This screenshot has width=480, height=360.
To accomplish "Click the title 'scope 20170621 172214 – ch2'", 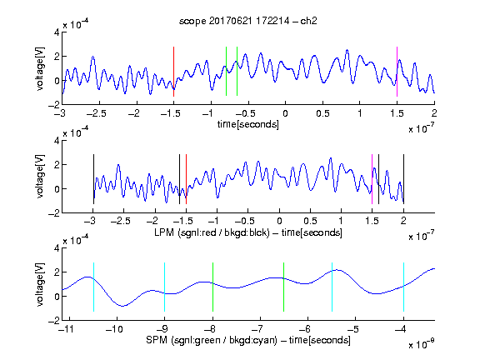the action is pyautogui.click(x=248, y=21).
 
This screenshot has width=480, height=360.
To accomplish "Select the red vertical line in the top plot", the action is pyautogui.click(x=173, y=72).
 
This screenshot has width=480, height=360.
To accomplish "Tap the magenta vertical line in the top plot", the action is pyautogui.click(x=397, y=72).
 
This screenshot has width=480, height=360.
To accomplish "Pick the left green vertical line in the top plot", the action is pyautogui.click(x=226, y=72).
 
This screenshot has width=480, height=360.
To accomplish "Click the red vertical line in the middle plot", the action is pyautogui.click(x=186, y=179).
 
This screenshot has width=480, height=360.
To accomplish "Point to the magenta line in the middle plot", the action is pyautogui.click(x=372, y=179).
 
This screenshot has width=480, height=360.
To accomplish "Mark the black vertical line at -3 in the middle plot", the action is pyautogui.click(x=93, y=179).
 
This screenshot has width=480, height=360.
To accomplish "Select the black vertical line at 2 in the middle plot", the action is pyautogui.click(x=403, y=179).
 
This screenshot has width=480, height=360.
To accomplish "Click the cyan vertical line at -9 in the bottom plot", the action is pyautogui.click(x=164, y=287).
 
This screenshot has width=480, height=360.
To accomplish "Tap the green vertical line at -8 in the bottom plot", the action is pyautogui.click(x=212, y=287).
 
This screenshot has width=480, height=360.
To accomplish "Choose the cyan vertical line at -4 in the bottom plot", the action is pyautogui.click(x=403, y=287).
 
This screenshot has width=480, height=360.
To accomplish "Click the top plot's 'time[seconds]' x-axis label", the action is pyautogui.click(x=248, y=124).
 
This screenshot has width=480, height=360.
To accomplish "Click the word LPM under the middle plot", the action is pyautogui.click(x=164, y=232).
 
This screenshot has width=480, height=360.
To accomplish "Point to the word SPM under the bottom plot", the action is pyautogui.click(x=157, y=340).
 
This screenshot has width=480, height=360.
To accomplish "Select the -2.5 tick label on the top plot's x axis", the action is pyautogui.click(x=96, y=113).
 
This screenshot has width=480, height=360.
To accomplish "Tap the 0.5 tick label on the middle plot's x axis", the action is pyautogui.click(x=310, y=221).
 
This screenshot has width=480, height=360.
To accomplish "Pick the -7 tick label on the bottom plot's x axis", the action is pyautogui.click(x=259, y=329).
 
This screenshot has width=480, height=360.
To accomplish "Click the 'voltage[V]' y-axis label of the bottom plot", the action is pyautogui.click(x=40, y=284).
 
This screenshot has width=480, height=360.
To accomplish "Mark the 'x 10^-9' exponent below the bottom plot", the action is pyautogui.click(x=421, y=344).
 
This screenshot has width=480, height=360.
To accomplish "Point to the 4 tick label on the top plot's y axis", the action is pyautogui.click(x=57, y=32).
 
